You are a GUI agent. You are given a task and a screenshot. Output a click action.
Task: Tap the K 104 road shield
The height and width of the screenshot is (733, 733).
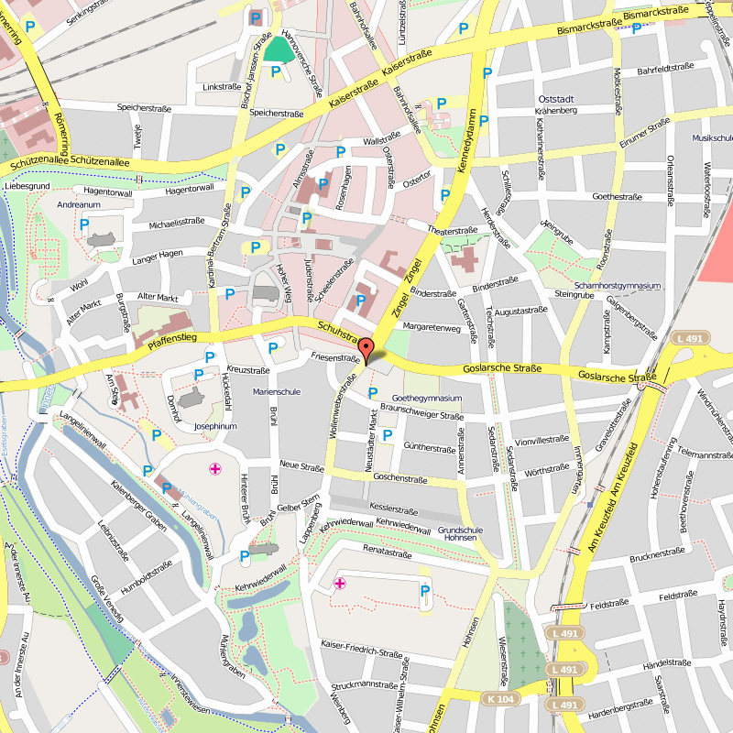[501, 698]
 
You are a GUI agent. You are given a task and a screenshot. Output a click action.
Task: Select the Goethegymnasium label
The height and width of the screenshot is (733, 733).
[426, 399]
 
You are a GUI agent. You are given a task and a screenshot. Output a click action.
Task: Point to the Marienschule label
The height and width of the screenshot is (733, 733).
[277, 392]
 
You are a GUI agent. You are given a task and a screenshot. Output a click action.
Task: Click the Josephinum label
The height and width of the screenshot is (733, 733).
[216, 426]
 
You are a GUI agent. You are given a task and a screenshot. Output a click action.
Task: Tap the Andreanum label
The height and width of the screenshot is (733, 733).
[78, 205]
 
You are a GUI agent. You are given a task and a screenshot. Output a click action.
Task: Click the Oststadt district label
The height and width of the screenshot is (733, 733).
[556, 98]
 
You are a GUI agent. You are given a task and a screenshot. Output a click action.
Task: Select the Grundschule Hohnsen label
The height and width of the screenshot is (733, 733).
[460, 534]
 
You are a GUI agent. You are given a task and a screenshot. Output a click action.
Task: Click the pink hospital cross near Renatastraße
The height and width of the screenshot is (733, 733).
[340, 583]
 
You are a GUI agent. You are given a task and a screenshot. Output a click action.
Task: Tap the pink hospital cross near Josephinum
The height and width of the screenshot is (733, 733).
[215, 469]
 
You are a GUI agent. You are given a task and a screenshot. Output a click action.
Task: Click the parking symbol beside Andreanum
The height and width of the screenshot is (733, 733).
[84, 224]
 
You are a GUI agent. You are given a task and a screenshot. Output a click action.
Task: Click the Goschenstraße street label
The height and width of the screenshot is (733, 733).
[400, 479]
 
